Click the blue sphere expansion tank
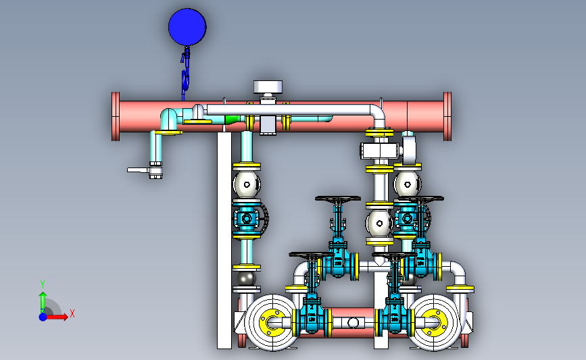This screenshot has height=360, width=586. [187, 27]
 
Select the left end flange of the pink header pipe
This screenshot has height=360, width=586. [116, 117]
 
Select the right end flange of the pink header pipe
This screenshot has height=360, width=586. [447, 117]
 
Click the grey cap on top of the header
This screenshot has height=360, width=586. [268, 87]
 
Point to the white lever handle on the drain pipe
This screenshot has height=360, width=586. [139, 170]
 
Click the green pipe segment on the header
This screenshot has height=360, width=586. [232, 120]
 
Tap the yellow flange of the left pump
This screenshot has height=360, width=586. [276, 323]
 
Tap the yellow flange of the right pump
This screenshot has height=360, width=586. [433, 323]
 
